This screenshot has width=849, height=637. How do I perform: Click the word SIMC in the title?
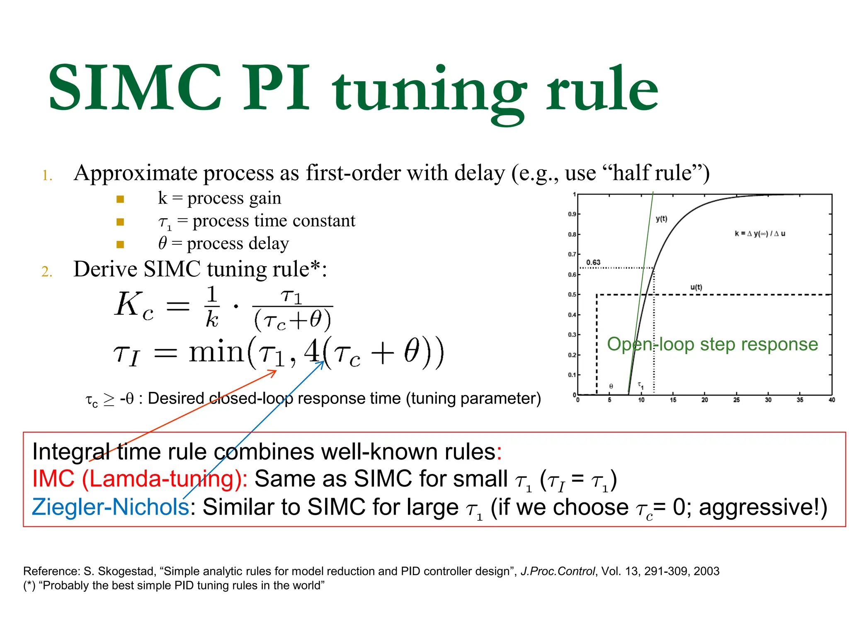tap(135, 88)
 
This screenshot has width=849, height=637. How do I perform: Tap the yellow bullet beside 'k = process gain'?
tap(120, 199)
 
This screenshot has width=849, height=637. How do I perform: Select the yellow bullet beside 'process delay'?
tap(120, 244)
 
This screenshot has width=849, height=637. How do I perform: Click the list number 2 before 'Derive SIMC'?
tap(47, 272)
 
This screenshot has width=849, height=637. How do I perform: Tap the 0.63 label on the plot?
tap(593, 263)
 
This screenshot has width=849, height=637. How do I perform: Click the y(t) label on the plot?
tap(662, 219)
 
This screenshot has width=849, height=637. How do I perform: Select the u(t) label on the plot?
tap(696, 287)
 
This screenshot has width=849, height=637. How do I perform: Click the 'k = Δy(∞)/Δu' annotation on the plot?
tap(760, 233)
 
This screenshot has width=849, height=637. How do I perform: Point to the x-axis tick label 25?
tap(736, 400)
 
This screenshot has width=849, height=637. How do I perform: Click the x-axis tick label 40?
tap(832, 400)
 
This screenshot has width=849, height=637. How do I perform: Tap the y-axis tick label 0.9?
tap(572, 214)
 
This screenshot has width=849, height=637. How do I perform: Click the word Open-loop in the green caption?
tap(650, 344)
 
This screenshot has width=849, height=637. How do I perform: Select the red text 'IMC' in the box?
tap(53, 479)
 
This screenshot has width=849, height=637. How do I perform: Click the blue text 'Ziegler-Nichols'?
tap(110, 507)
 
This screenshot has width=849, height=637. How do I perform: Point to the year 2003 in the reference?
tap(706, 571)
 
